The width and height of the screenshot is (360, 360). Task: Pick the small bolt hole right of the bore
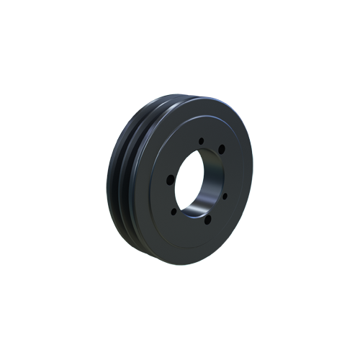[225, 194]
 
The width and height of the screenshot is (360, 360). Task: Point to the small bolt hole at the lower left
[174, 213]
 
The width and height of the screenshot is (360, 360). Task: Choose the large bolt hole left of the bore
[168, 181]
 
